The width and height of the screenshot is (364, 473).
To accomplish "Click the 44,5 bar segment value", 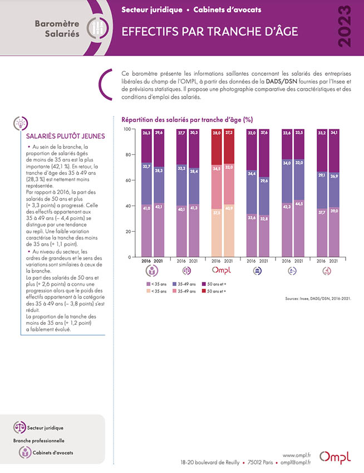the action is point(299,204).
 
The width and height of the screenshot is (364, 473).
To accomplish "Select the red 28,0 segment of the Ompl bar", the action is point(217,147).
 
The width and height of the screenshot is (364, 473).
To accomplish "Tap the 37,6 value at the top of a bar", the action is point(264,133).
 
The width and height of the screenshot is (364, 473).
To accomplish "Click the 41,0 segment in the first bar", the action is point(146,231).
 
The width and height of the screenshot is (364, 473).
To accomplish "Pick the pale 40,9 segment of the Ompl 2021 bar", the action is point(229,231).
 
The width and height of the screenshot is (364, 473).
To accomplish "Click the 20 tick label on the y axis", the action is point(128,232).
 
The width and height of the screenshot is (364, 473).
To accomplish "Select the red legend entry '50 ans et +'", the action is point(214,291).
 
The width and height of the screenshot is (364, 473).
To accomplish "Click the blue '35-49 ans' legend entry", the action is point(184,284).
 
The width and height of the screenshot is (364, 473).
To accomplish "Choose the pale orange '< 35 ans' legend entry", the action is point(156,291).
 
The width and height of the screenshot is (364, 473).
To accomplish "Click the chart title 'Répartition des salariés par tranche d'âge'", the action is point(187,120).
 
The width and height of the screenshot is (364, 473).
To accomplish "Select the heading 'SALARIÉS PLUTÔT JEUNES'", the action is point(65,136).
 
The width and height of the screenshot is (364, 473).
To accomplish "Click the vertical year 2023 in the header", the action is point(344,27).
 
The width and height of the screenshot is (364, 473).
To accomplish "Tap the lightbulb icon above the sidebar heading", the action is point(21,123).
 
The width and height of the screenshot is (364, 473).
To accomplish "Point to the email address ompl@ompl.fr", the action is point(296,462).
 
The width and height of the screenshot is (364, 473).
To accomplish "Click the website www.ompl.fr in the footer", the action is point(297,455).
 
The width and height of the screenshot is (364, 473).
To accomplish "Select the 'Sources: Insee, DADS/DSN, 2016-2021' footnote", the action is point(318,299).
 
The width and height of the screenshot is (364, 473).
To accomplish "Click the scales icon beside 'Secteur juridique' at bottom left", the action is point(19,427).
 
